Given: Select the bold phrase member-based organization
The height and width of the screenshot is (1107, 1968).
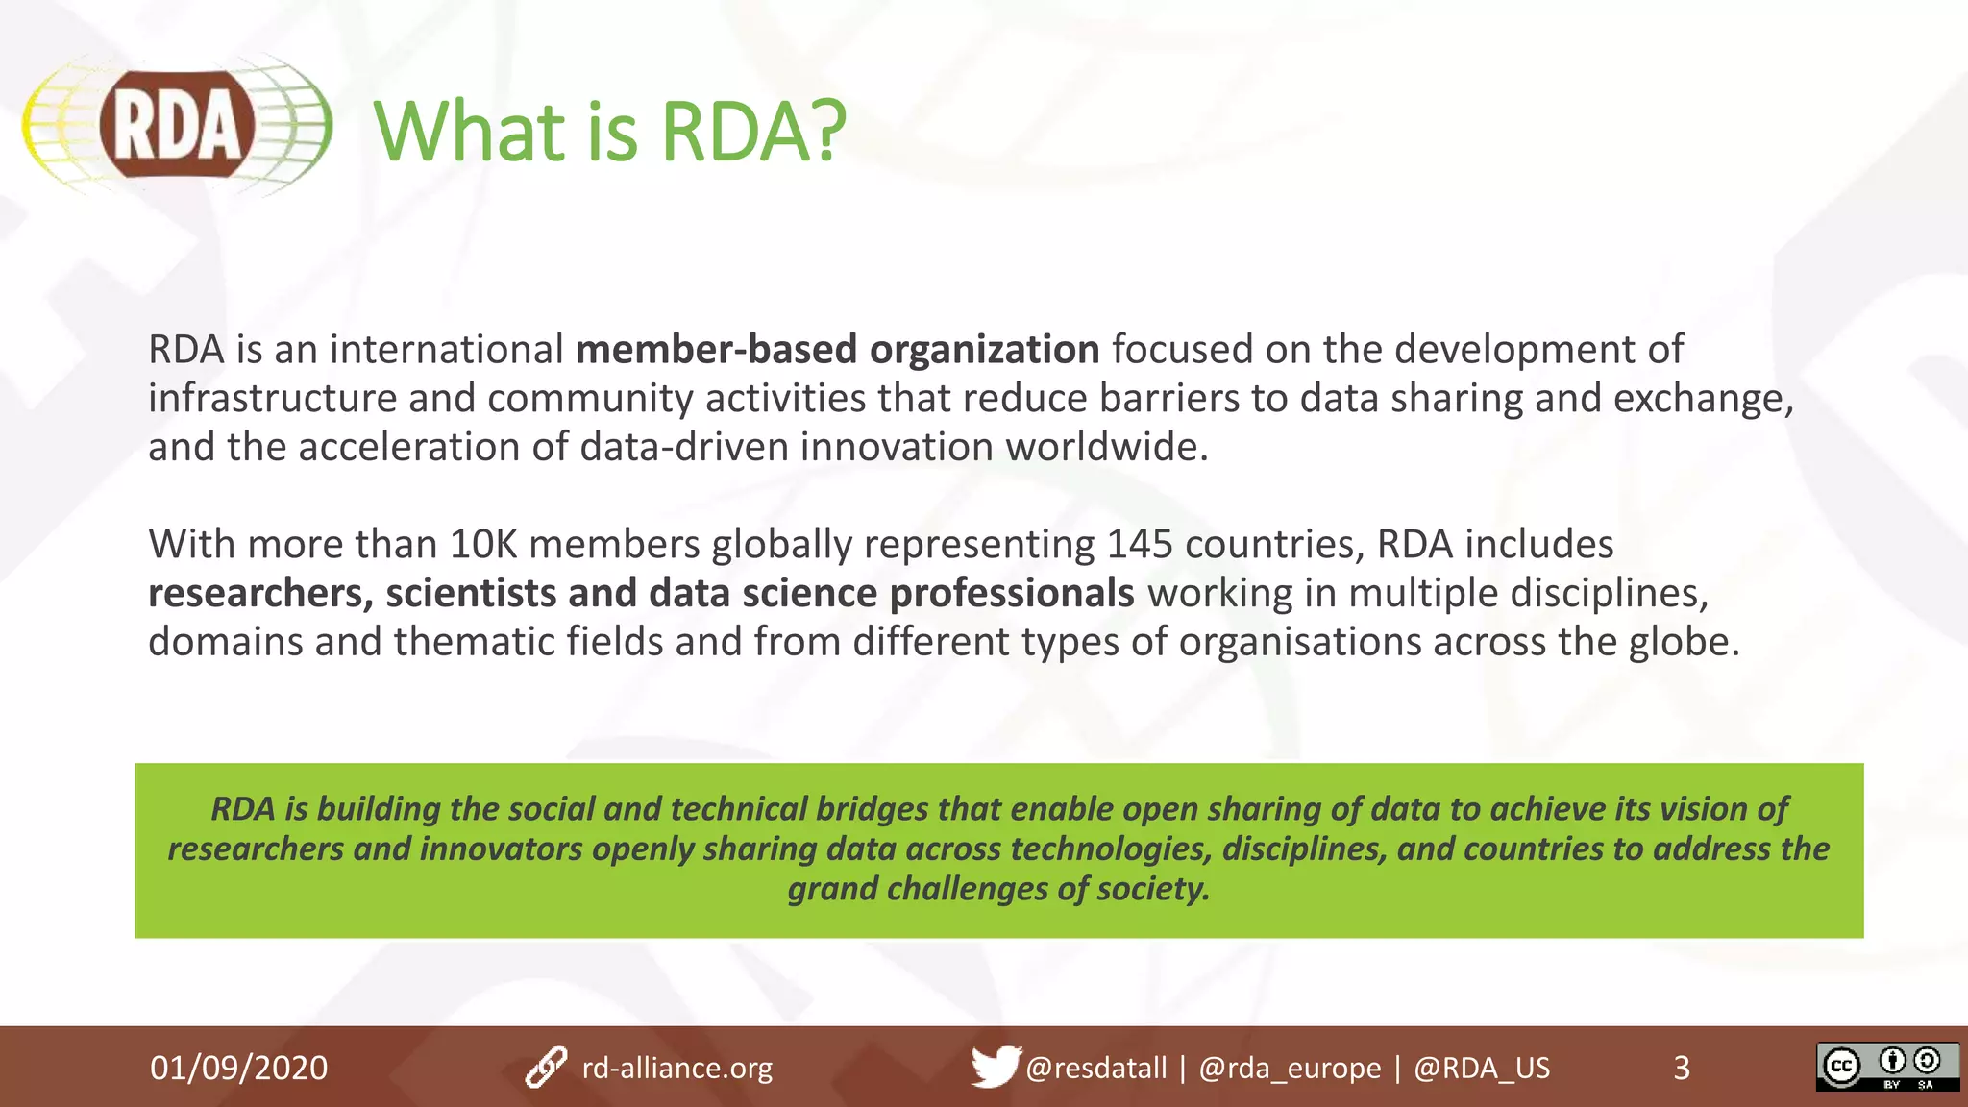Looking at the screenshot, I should pos(837,350).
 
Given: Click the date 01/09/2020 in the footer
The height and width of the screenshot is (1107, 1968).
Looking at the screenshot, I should pos(238,1068).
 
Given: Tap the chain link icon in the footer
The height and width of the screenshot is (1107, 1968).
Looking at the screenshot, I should pos(546,1068).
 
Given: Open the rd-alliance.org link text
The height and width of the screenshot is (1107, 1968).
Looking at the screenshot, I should pos(676,1068).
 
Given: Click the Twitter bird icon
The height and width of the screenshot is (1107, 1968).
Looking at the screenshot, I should pos(994,1067).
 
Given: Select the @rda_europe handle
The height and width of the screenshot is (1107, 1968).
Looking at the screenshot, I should pos(1290,1068).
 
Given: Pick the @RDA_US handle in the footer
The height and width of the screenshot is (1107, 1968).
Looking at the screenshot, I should pos(1482,1068).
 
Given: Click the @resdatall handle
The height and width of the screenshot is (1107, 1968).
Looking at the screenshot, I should pos(1095,1068).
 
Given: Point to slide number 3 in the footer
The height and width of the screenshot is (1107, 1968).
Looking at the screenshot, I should pos(1681,1068).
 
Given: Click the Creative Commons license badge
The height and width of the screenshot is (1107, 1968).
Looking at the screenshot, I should pos(1886,1067).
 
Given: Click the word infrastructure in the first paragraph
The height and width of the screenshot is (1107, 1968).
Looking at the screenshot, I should pos(272,399).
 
